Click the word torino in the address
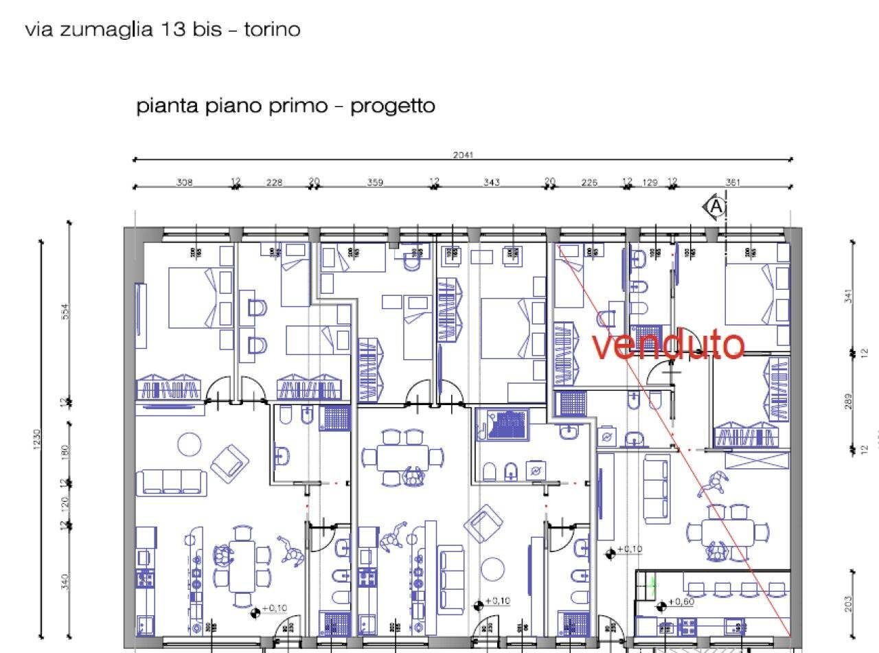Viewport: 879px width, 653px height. (273, 30)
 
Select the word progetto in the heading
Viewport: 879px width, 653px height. (392, 106)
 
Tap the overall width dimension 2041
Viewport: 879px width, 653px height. (463, 155)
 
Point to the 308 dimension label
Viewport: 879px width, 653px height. (184, 183)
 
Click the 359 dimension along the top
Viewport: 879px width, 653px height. (375, 183)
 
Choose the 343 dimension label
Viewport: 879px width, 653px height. (491, 183)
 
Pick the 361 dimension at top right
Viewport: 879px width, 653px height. (733, 183)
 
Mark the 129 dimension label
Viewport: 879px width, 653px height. (650, 183)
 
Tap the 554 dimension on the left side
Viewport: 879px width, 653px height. (66, 311)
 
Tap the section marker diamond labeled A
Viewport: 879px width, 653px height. (715, 206)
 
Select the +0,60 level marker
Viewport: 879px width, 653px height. (682, 602)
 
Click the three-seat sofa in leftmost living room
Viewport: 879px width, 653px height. (172, 481)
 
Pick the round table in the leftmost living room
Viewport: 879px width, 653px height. (190, 444)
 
